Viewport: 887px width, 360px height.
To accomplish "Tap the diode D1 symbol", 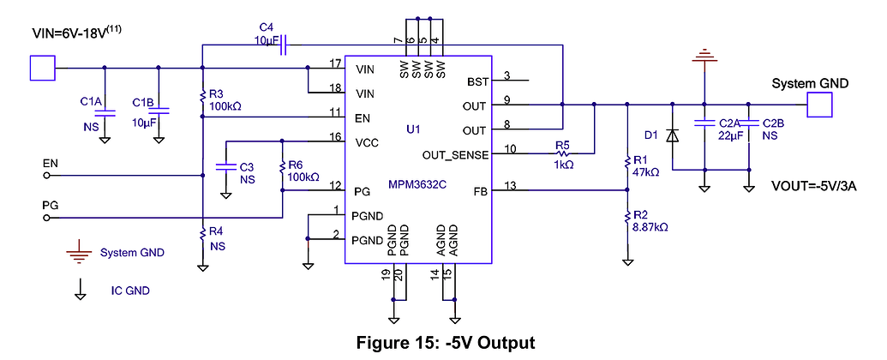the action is pos(672,135).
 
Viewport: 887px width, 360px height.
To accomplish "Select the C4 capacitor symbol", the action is pos(284,45).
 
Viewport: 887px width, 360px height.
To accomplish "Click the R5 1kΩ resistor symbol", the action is pos(563,153).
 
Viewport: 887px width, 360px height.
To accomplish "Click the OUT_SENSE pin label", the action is pos(455,154).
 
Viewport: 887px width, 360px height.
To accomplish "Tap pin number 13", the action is pos(510,184).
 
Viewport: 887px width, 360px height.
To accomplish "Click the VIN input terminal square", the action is pos(42,68).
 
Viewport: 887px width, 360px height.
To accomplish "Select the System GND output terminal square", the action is pos(819,105).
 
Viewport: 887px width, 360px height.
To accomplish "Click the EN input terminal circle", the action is pos(46,176).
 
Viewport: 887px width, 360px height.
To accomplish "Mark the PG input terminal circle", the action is pos(46,218).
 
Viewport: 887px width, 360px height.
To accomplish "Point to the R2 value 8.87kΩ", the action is pos(650,227).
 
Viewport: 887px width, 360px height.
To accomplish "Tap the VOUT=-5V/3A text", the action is pos(814,187).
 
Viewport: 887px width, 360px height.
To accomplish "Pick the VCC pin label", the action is pos(367,141).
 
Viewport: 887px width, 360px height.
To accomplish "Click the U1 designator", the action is pos(414,129).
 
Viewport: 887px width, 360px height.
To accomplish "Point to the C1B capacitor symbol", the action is pos(159,112).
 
